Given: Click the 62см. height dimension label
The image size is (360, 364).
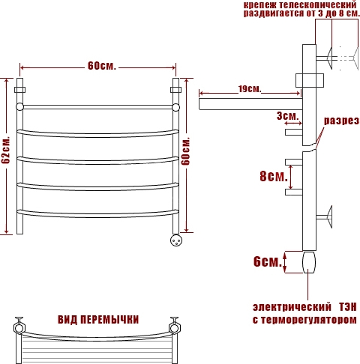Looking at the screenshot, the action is point(5,150).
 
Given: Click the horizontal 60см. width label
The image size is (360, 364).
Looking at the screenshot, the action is point(102,66).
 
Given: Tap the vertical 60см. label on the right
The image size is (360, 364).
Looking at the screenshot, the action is point(186,151).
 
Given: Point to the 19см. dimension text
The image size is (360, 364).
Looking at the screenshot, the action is point(250,88).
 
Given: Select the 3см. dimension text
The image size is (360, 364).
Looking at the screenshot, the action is point(288,116).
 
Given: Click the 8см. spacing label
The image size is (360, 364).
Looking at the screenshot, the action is point(274,176).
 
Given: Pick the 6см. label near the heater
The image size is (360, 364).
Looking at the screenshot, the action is point(268,261).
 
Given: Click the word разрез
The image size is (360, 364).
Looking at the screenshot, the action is point(342,121).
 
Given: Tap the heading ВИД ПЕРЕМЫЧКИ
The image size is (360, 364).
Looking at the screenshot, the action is point(98,320).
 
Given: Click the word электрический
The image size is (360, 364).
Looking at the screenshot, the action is point(292,307).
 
